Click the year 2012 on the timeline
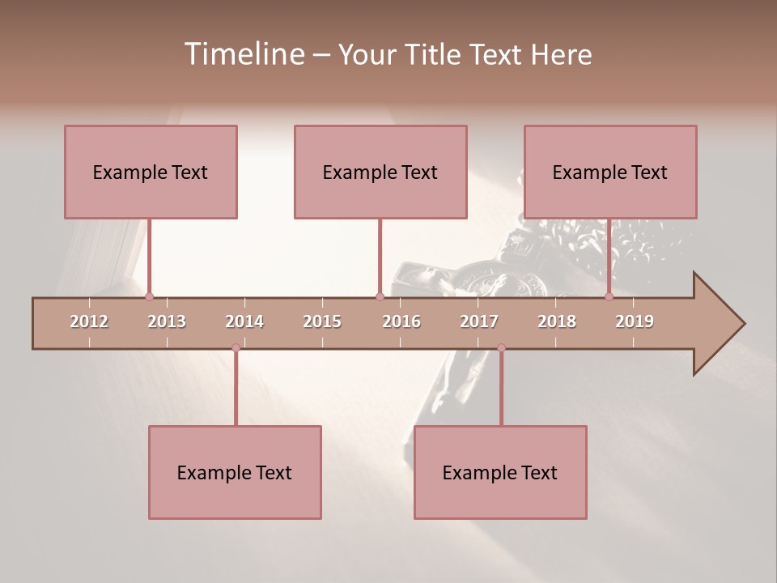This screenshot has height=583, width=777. pos(89,321)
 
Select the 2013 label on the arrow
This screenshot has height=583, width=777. pos(167,321)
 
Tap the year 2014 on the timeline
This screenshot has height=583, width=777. pos(244,321)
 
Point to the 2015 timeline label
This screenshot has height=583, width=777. pos(322,321)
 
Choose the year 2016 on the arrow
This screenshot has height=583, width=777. pos(401,321)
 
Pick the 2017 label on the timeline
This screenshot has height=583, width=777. pos(479,321)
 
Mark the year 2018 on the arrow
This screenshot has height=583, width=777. pos(557,321)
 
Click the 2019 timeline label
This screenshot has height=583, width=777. pos(635,321)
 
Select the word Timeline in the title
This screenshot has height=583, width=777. pos(243,54)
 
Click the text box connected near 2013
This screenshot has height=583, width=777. pos(151,172)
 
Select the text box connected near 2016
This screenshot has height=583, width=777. pos(380,172)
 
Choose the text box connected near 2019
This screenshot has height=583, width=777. pos(610,172)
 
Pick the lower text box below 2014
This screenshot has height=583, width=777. pos(235,472)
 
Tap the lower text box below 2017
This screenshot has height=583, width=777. pos(500,472)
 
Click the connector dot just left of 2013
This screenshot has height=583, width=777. pos(149,296)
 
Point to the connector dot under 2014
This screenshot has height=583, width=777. pos(236,348)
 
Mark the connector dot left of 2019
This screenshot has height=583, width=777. pos(609,296)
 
